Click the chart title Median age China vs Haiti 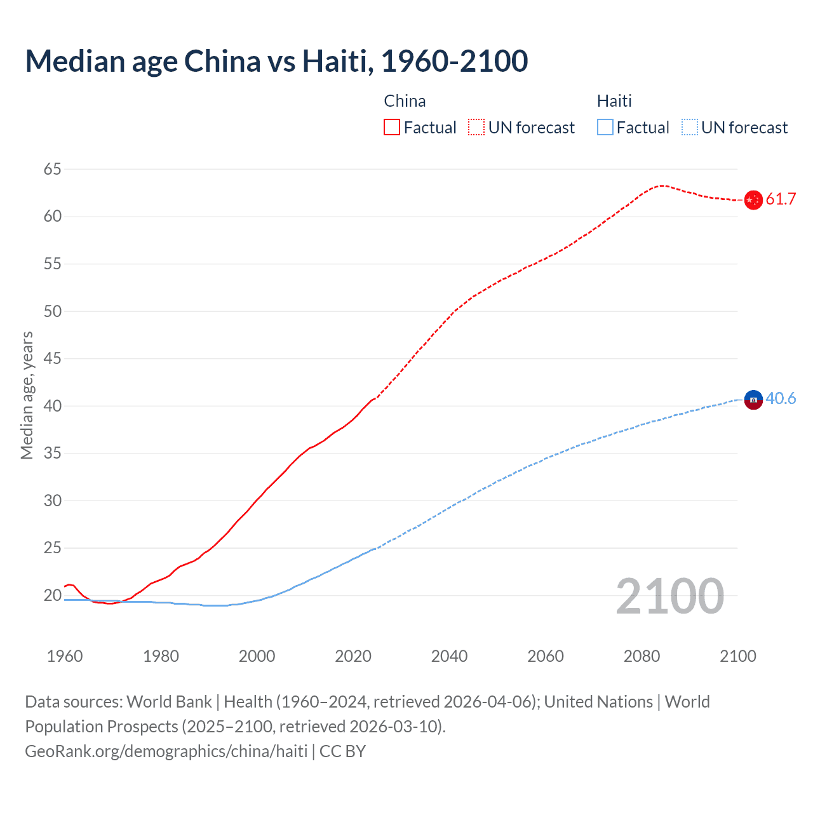(276, 61)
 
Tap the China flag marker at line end (753, 199)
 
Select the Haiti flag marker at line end (753, 400)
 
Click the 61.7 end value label (781, 199)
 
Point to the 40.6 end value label (781, 398)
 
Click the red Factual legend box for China (392, 128)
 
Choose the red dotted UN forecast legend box (476, 128)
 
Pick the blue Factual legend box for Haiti (605, 128)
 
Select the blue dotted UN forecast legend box (689, 128)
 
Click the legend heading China (405, 101)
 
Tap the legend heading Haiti (614, 101)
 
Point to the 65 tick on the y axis (53, 169)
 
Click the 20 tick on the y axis (53, 595)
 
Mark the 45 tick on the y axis (53, 358)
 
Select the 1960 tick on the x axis (65, 656)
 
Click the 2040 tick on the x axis (449, 656)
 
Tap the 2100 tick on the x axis (738, 656)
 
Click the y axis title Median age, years (27, 395)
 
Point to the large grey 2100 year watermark (669, 596)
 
